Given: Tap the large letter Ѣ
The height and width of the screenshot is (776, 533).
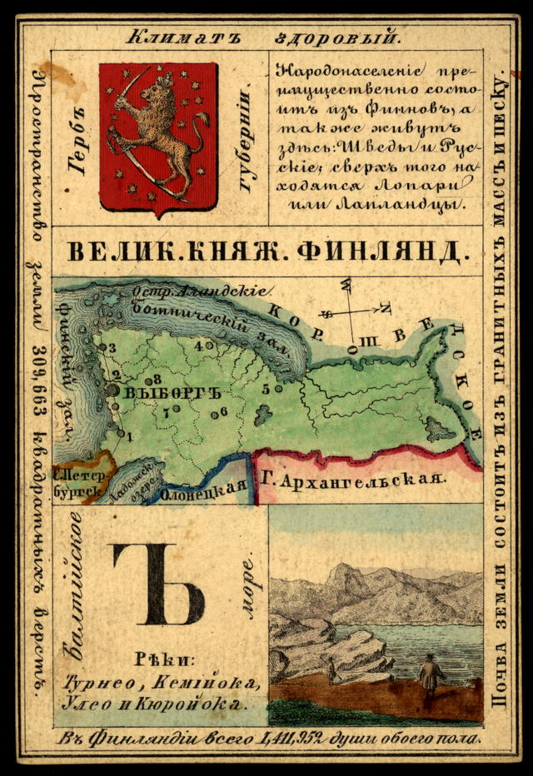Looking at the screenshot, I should pyautogui.click(x=157, y=584).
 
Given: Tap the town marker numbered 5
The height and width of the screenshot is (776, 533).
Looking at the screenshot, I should pyautogui.click(x=278, y=388).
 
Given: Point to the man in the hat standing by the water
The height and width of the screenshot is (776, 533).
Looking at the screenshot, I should pyautogui.click(x=430, y=674).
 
